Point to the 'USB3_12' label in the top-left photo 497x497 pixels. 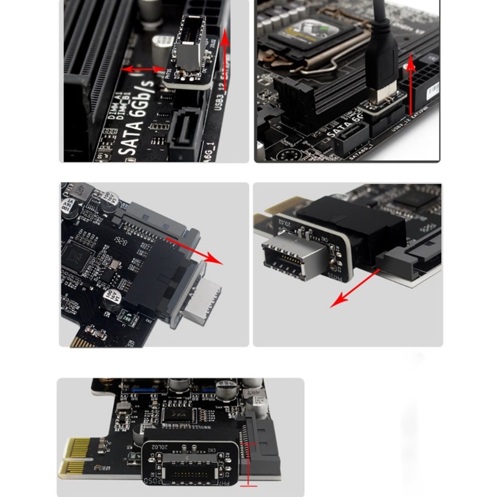[218, 96]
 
